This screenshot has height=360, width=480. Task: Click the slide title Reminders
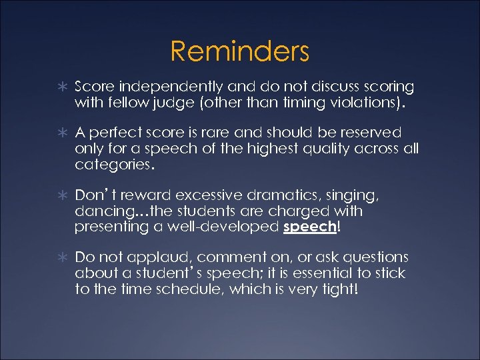(x=239, y=51)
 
